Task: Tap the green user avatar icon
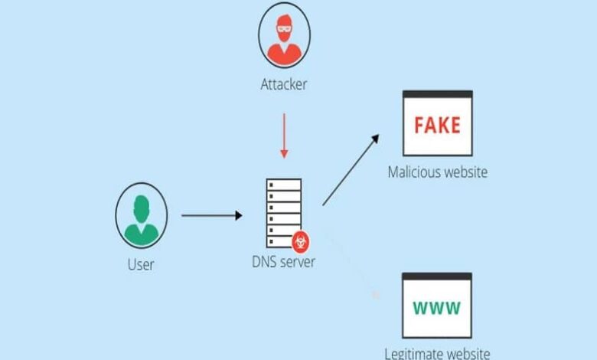click(142, 215)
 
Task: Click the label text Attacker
click(283, 84)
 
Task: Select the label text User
click(141, 265)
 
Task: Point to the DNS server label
click(283, 262)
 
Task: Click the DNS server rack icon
click(282, 211)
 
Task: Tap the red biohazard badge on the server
click(301, 241)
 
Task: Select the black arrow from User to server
click(211, 216)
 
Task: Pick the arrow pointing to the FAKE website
click(351, 169)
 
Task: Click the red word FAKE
click(437, 125)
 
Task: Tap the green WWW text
click(437, 309)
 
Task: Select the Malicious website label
click(437, 172)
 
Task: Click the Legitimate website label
click(437, 353)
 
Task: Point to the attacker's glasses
click(283, 28)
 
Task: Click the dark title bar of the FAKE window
click(437, 95)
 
